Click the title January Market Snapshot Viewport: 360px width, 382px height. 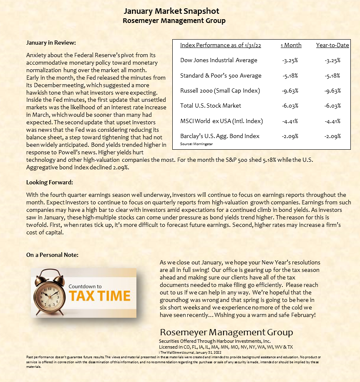point(171,11)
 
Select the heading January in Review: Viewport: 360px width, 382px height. point(51,43)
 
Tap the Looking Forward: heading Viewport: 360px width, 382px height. point(50,182)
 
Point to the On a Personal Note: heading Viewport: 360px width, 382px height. point(52,255)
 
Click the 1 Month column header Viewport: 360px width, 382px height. point(291,45)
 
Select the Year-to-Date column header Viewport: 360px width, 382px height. point(332,45)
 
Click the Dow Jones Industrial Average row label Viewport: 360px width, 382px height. point(219,60)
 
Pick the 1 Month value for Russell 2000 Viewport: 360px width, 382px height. point(290,90)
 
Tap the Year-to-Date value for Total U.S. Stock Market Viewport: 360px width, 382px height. point(332,106)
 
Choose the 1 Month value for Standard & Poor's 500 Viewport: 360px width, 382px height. point(290,75)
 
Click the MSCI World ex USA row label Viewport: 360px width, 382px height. point(222,121)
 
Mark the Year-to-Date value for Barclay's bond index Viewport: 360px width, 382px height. point(332,136)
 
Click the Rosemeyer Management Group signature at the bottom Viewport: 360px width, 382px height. point(226,332)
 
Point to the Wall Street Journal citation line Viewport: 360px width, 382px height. point(190,352)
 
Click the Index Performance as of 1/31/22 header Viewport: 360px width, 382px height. point(220,45)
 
